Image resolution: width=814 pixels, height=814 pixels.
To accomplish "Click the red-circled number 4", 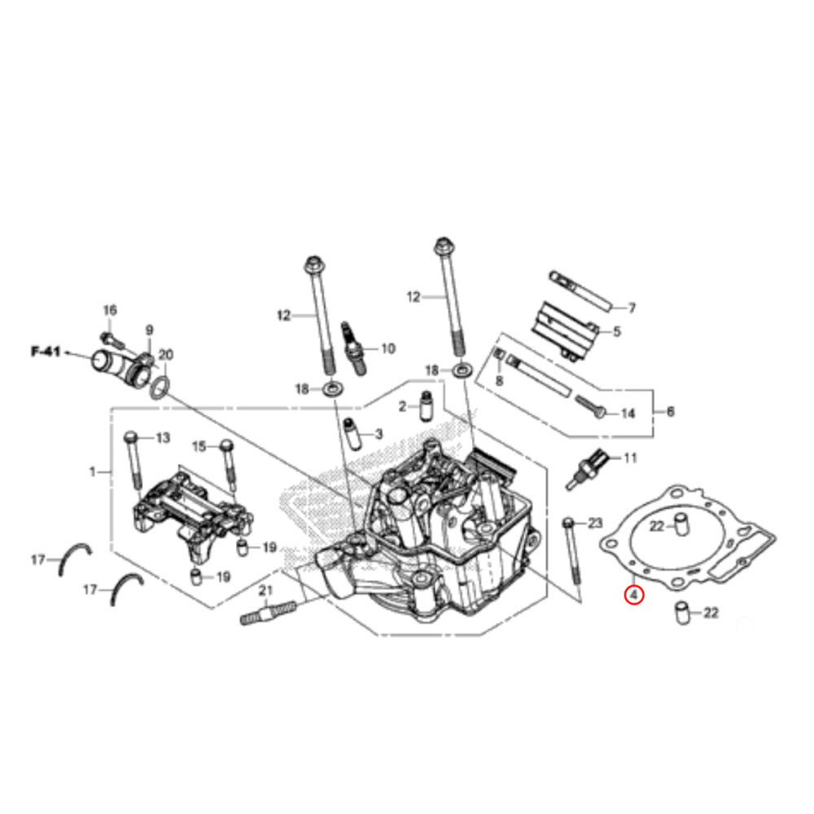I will point(633,595).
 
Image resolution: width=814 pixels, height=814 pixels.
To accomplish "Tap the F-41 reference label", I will point(46,352).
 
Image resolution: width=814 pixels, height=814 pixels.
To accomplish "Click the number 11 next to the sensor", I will point(630,458).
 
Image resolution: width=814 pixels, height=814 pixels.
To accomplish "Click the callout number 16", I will point(110,310).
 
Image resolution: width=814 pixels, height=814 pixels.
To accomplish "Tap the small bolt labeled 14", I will point(591,405).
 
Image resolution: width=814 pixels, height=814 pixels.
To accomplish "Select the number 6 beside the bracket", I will point(670,413).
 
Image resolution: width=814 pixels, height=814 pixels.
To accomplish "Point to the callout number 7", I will point(631,309).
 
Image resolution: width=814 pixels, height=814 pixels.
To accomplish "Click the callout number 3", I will point(378,435).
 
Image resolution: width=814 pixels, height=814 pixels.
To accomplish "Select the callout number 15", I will point(199,446).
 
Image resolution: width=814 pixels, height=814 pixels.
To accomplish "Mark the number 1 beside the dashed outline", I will point(92,471).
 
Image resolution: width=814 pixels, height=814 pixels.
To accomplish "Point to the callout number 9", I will point(149,330).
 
